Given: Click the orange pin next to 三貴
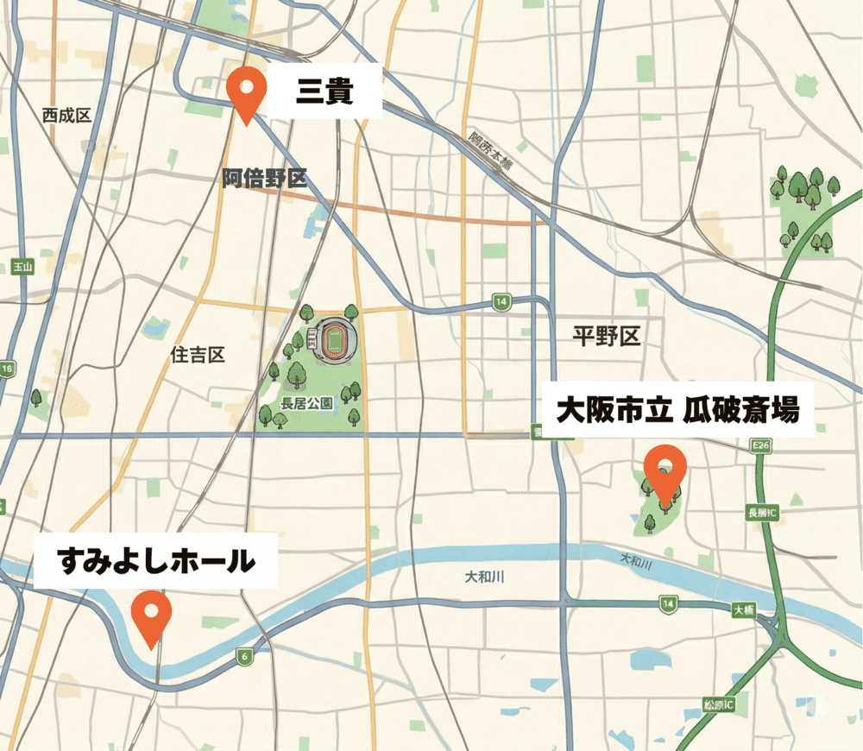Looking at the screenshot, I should coord(248,92).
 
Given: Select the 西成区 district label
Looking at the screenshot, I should coord(66,116).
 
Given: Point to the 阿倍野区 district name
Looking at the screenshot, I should coord(264,179).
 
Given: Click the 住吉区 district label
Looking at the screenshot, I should coord(198,355).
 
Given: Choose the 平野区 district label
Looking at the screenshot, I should coord(607,337).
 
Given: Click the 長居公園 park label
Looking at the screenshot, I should coord(306,403).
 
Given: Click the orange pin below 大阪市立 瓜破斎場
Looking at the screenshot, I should coord(665,471).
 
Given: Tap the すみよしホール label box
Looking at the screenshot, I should coord(156,561).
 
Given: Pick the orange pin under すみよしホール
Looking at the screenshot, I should coord(152,615).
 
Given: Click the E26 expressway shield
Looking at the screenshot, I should coord(760,445).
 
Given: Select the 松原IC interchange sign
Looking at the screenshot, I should coord(718,705).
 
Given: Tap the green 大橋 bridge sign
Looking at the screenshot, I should coord(744,609).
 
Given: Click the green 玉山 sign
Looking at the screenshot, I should coord(22,267).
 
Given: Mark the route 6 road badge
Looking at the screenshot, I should coord(245,658).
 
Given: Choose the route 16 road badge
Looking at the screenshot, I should coord(8,369).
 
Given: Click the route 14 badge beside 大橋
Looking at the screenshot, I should coord(667,605).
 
